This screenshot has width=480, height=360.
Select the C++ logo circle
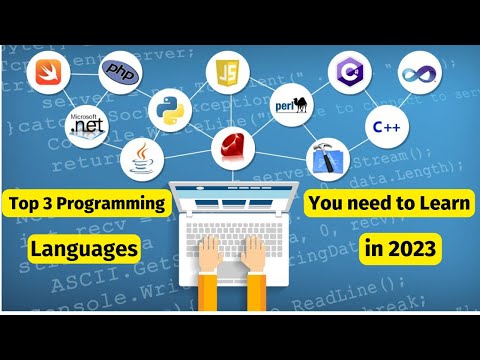(x=386, y=128)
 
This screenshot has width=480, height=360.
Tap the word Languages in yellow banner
(x=82, y=246)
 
